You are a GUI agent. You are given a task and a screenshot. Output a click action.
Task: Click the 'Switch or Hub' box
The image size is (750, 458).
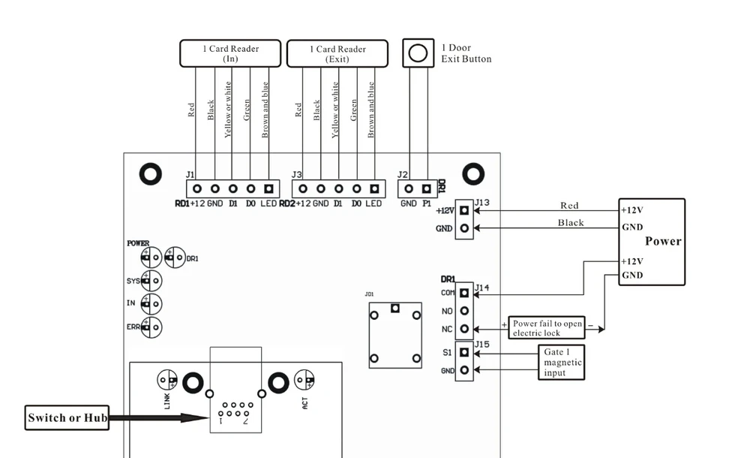(67, 417)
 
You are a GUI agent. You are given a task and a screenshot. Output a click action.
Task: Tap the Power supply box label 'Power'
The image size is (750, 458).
(663, 241)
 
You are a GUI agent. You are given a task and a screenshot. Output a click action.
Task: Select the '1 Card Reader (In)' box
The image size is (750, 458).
(230, 53)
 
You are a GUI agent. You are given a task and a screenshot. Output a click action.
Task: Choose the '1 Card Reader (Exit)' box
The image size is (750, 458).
(337, 53)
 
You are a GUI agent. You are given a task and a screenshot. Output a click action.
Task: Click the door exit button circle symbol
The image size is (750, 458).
(418, 53)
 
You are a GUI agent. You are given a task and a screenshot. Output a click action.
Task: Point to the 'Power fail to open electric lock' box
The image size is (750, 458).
(547, 327)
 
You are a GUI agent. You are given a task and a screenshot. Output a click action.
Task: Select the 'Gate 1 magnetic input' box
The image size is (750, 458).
(562, 362)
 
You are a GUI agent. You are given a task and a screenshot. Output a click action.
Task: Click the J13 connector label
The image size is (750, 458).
(482, 203)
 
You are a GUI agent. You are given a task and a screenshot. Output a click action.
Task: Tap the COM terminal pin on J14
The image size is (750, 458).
(464, 293)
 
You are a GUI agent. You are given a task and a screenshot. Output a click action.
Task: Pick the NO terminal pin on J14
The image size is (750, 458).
(464, 311)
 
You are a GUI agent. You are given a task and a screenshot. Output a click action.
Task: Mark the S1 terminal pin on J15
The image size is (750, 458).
(464, 352)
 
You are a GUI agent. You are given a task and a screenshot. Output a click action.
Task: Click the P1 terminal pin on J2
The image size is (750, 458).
(426, 188)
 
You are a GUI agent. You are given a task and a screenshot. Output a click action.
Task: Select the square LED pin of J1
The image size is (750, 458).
(268, 188)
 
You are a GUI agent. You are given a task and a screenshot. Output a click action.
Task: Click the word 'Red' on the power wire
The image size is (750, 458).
(569, 206)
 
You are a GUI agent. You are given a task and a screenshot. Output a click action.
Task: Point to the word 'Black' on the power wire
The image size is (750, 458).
(571, 223)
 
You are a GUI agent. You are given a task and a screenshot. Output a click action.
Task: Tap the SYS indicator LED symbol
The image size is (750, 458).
(151, 281)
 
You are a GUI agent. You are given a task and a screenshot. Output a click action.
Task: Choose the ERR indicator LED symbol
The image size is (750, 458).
(151, 327)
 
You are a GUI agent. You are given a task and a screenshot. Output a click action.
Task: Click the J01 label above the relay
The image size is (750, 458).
(369, 294)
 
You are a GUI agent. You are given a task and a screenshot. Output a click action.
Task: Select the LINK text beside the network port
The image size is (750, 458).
(167, 402)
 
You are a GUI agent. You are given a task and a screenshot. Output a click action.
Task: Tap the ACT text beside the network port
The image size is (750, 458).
(304, 403)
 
